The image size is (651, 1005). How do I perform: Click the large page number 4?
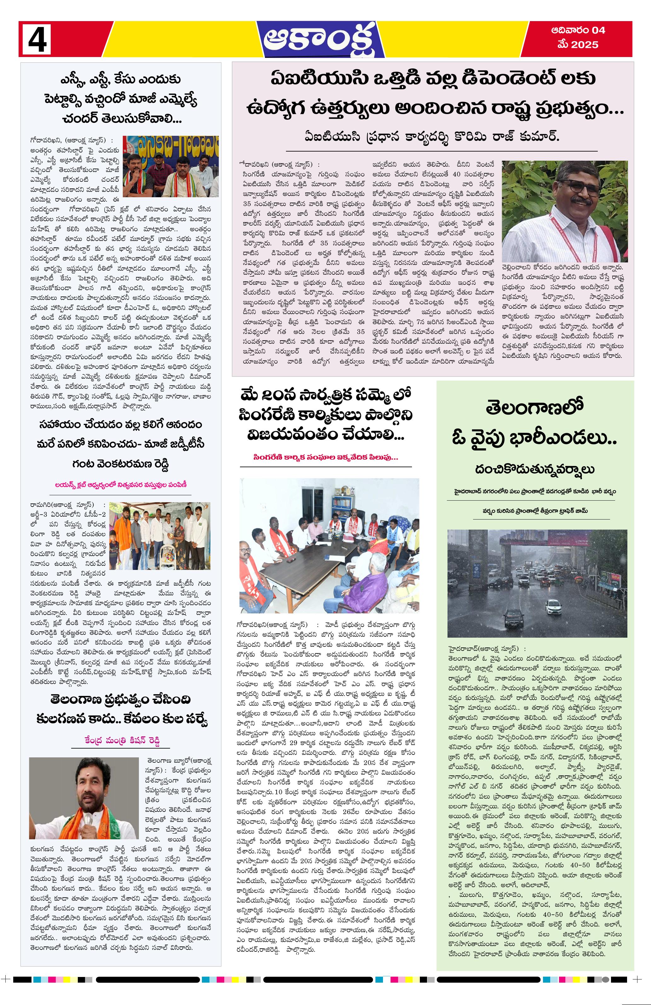(37, 39)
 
